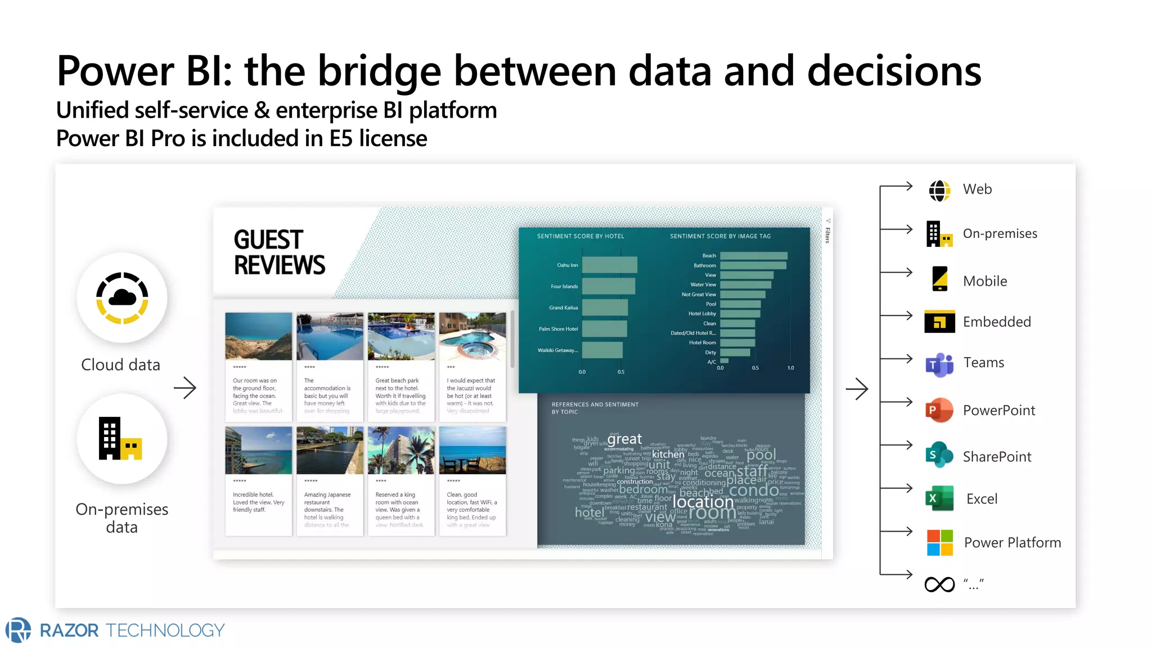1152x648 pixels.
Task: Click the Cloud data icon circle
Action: (x=122, y=298)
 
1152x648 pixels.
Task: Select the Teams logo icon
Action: (x=939, y=364)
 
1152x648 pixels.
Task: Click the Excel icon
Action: (x=939, y=498)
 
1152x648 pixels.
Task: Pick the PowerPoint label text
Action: (x=998, y=411)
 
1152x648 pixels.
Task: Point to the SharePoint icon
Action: (x=939, y=455)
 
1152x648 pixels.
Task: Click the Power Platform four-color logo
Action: (x=939, y=543)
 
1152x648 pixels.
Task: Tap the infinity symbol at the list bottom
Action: (x=939, y=584)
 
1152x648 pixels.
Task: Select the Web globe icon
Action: (x=939, y=191)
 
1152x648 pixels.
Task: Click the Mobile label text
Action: (x=984, y=281)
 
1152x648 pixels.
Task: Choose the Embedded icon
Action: (x=939, y=322)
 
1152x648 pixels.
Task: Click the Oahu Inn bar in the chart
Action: (x=609, y=265)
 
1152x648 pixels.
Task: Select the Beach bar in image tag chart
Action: (x=753, y=256)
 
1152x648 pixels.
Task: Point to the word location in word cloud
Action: (x=703, y=501)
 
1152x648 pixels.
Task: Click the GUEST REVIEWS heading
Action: (x=279, y=253)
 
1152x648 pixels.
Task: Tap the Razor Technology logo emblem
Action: (x=19, y=629)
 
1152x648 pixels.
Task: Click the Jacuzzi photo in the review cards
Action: (x=472, y=336)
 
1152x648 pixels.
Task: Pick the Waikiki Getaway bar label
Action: (x=557, y=350)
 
